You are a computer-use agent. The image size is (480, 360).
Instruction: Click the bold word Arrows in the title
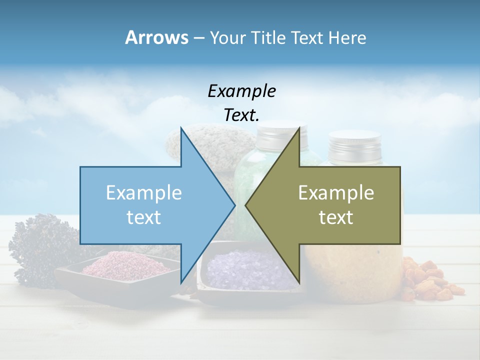pyautogui.click(x=156, y=37)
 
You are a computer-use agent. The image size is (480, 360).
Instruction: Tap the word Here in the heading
pyautogui.click(x=347, y=37)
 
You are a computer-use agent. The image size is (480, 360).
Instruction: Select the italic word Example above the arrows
pyautogui.click(x=241, y=91)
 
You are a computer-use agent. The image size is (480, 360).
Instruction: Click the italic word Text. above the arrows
pyautogui.click(x=241, y=115)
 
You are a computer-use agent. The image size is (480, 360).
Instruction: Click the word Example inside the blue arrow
pyautogui.click(x=144, y=192)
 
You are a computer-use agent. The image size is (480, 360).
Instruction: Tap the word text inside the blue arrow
pyautogui.click(x=144, y=217)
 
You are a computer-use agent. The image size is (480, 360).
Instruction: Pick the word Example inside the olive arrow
pyautogui.click(x=336, y=192)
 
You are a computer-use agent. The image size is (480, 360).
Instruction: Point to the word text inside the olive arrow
pyautogui.click(x=336, y=217)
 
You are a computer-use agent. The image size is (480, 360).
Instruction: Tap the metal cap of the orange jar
pyautogui.click(x=355, y=145)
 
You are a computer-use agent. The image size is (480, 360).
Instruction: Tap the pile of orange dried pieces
pyautogui.click(x=430, y=280)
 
